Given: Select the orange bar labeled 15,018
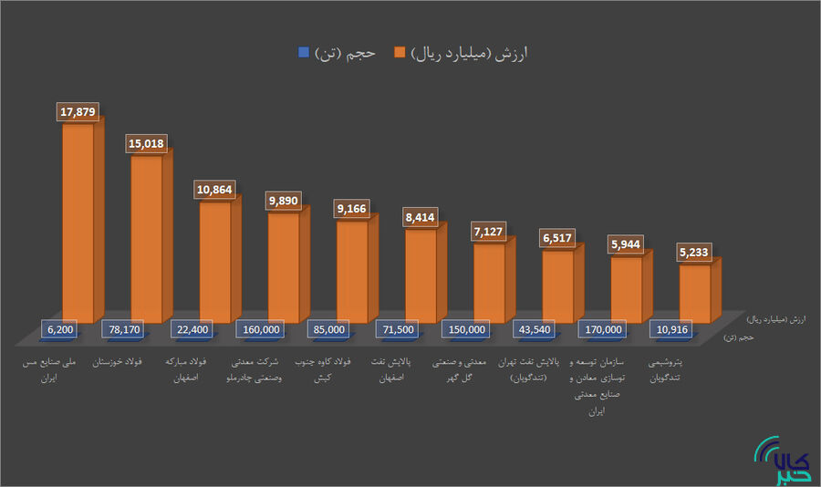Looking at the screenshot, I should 146,237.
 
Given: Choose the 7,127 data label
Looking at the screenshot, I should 489,232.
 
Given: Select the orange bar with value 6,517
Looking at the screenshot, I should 557,283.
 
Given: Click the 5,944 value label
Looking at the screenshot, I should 626,244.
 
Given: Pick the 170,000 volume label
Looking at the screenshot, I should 603,329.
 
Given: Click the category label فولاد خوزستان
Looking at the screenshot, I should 132,362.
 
